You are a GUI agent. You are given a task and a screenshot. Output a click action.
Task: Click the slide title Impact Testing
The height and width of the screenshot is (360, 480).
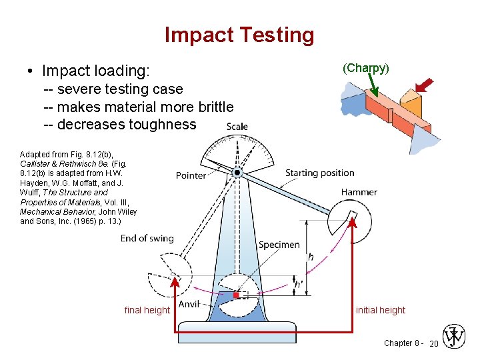pos(239,35)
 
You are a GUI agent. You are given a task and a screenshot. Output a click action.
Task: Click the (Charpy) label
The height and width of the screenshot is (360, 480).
pos(366,68)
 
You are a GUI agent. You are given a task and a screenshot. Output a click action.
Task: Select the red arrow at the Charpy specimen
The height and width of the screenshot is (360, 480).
pos(423,85)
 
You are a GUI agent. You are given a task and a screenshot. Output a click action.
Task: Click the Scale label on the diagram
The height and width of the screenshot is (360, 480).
pos(237,127)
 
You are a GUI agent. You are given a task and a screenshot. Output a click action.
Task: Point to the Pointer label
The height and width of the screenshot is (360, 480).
pos(191,175)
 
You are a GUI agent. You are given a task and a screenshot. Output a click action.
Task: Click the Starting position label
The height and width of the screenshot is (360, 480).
pos(320,173)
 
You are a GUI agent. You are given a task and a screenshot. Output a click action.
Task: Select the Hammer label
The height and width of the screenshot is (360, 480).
pos(359,192)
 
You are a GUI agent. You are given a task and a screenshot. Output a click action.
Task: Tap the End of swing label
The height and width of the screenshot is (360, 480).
pos(147,238)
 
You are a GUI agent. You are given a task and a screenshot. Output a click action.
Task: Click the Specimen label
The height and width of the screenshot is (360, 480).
pos(279,245)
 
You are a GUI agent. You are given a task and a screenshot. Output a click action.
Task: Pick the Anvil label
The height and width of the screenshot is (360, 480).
pos(189,304)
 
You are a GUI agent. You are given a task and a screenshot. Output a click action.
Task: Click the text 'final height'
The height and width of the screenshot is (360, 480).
pos(147,310)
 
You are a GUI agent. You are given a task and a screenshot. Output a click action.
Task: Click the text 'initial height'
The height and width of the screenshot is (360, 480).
pos(381,310)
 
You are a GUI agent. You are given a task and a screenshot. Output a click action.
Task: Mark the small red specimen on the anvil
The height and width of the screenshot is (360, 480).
pos(236,294)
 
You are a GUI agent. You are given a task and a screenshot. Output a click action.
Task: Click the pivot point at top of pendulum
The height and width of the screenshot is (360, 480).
pos(237,173)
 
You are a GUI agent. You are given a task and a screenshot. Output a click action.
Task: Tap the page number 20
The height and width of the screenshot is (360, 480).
pos(433,343)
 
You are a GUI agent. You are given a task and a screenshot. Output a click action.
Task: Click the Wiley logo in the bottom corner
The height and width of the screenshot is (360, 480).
pos(455,337)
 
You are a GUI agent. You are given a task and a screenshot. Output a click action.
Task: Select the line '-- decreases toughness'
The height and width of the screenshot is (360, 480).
pos(120,125)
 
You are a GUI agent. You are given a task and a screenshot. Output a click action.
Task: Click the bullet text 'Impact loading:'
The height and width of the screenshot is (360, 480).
pos(96,71)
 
